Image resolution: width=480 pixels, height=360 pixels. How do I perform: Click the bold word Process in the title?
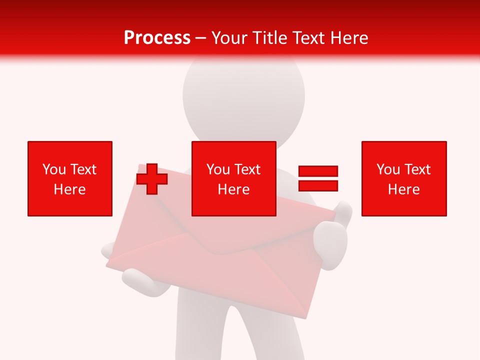point(157,38)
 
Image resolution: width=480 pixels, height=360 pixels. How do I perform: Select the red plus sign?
point(152,179)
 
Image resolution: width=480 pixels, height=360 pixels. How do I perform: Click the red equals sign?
point(318,178)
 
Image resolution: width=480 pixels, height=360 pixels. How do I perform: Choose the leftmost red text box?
point(70,178)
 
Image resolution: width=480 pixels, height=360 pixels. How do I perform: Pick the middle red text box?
point(233,178)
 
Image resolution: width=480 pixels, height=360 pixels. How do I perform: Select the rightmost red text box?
point(404,178)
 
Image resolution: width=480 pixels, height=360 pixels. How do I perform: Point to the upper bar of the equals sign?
point(318,171)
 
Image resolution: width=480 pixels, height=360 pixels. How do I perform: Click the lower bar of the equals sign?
point(318,185)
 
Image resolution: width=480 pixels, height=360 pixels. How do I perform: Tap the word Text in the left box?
point(83,169)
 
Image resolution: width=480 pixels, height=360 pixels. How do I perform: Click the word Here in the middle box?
point(233,189)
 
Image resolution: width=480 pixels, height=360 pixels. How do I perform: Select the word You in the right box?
point(388,169)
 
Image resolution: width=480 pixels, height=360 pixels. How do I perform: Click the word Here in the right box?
point(404,189)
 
